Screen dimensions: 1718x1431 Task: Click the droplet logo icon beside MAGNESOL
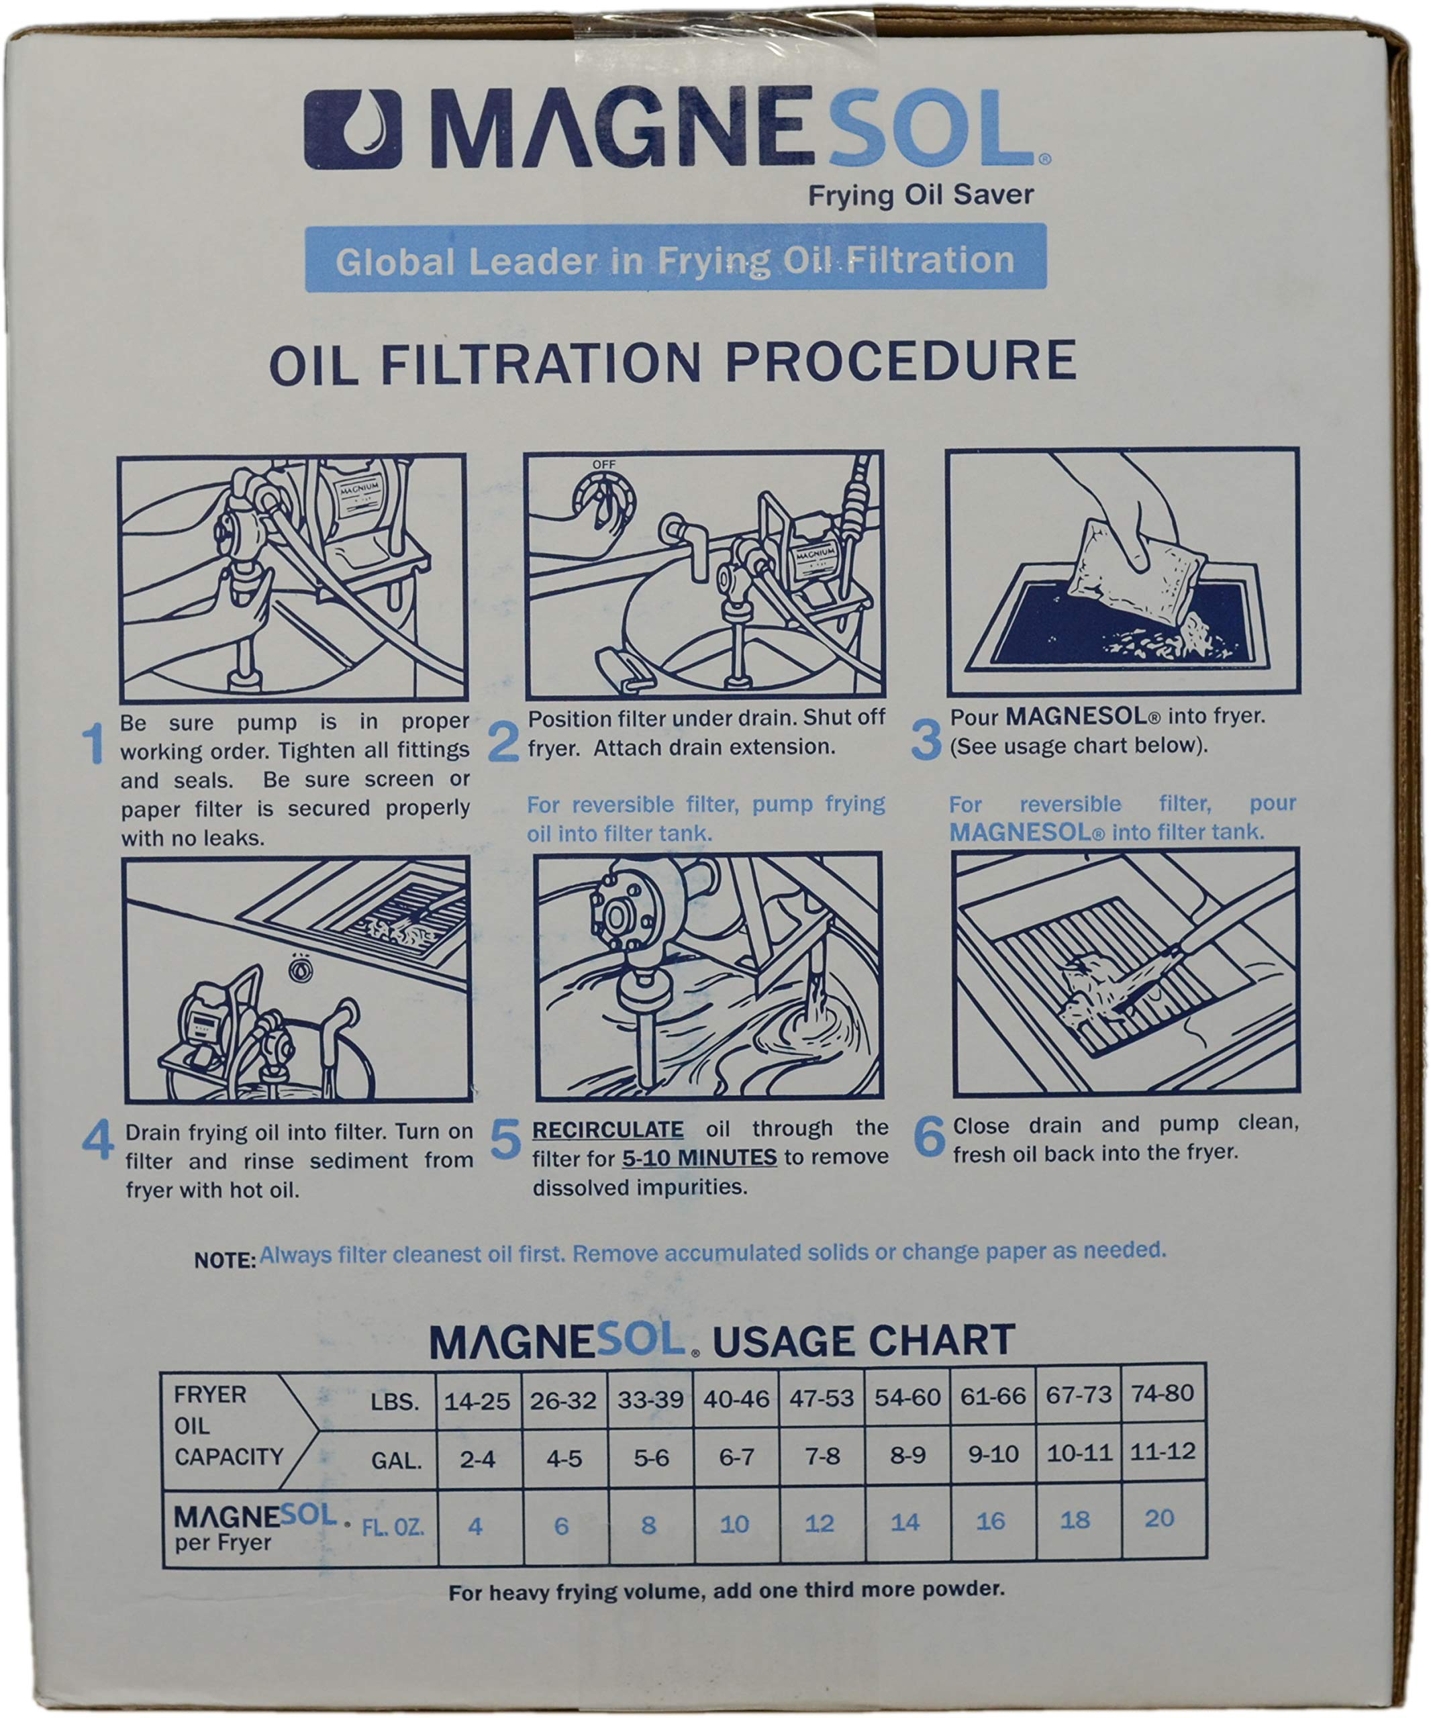coord(352,130)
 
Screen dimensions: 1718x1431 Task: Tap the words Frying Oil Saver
coord(920,195)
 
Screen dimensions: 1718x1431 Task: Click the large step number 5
coord(505,1140)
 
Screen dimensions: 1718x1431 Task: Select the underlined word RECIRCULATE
coord(607,1130)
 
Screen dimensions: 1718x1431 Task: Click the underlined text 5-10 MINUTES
coord(699,1158)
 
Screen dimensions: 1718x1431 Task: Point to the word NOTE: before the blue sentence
coord(225,1261)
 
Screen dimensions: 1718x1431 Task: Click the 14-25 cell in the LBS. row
coord(477,1401)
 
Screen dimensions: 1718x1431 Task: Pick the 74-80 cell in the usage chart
coord(1162,1394)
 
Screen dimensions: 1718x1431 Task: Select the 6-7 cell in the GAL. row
coord(736,1458)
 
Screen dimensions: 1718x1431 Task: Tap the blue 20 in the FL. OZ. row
coord(1159,1519)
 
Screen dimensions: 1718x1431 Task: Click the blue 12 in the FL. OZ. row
coord(819,1523)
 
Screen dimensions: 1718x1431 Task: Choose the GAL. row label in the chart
coord(396,1461)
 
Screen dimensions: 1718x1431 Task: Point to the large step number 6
coord(929,1136)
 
